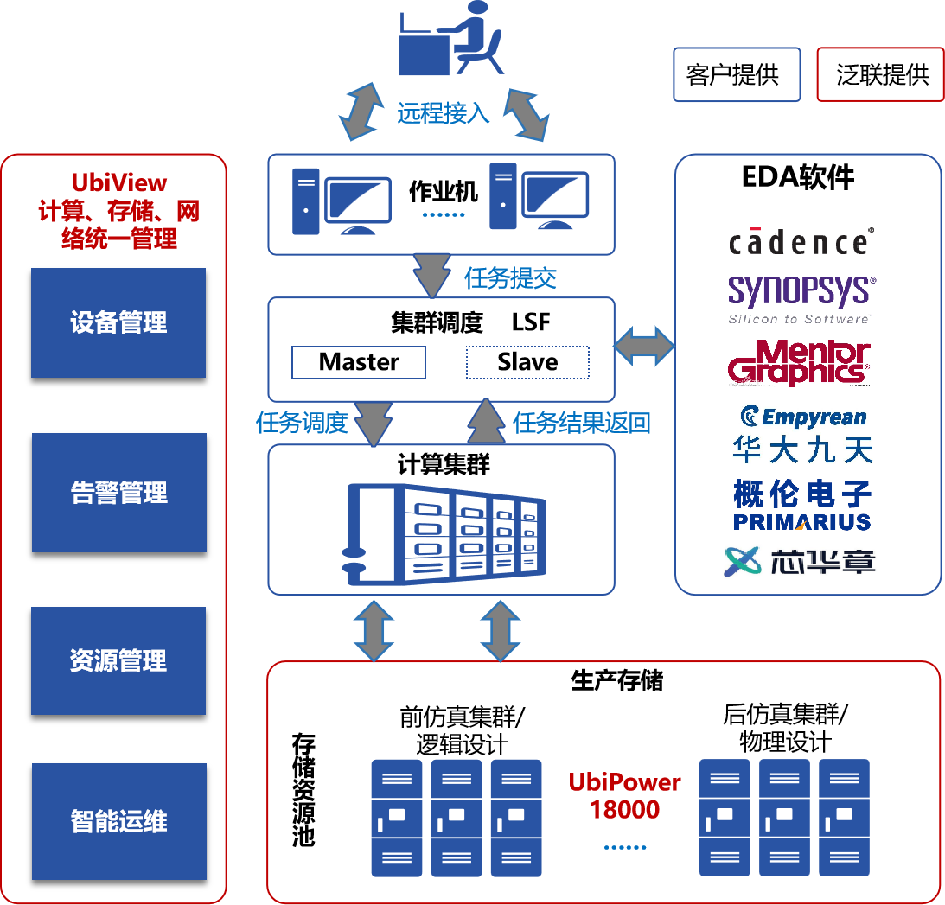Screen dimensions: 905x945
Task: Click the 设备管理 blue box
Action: click(118, 322)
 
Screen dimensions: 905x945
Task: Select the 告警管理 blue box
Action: click(118, 493)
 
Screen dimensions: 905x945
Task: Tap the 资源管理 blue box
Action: click(118, 660)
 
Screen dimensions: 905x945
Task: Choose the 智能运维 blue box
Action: click(118, 821)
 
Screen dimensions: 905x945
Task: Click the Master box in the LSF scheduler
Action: click(359, 362)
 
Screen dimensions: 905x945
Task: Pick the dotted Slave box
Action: click(527, 362)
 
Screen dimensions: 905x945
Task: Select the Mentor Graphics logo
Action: click(799, 362)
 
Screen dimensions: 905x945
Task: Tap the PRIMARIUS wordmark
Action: click(801, 522)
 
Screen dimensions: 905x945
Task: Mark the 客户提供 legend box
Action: click(737, 74)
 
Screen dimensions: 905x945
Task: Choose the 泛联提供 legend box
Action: click(880, 74)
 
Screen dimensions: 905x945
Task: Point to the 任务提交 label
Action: click(510, 278)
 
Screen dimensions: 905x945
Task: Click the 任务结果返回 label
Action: click(581, 423)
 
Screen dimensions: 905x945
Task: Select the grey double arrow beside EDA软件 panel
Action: click(644, 346)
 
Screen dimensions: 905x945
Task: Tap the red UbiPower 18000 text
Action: click(624, 796)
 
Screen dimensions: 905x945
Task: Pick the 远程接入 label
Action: click(443, 113)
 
